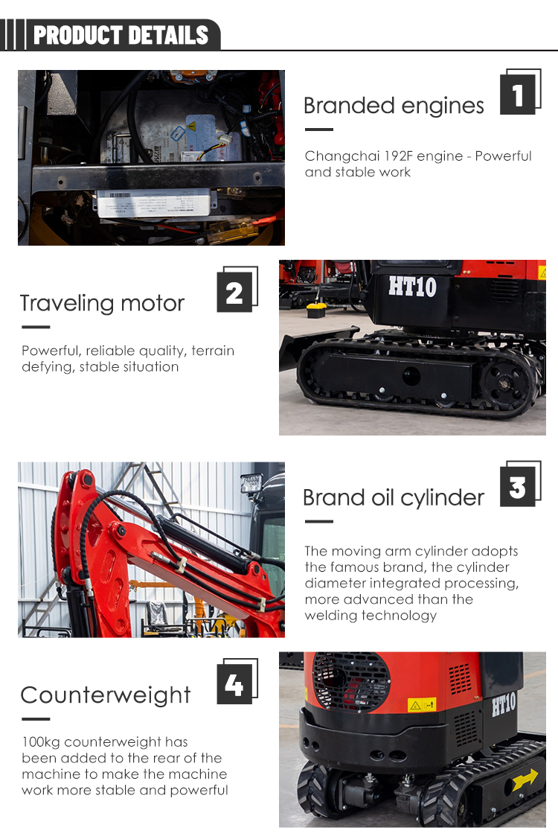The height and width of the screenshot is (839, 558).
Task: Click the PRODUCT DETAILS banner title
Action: click(121, 35)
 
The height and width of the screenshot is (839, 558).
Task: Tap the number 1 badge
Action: click(518, 95)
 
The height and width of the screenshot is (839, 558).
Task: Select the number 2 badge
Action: click(235, 293)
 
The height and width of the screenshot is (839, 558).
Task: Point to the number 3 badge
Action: click(518, 488)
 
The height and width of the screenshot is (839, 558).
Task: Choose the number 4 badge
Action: click(235, 684)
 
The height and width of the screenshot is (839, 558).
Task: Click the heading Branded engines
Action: click(394, 106)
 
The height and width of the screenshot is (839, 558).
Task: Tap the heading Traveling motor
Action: click(102, 303)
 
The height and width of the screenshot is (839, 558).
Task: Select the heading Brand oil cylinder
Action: click(394, 497)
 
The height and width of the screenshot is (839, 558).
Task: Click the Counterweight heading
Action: click(106, 695)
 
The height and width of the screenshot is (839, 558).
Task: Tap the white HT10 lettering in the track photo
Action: click(412, 287)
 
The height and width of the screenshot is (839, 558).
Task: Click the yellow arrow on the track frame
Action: click(525, 779)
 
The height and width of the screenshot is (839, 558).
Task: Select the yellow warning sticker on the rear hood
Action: click(421, 704)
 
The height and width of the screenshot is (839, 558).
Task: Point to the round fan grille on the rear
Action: click(350, 680)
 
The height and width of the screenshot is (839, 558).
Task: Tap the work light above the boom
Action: click(251, 483)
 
